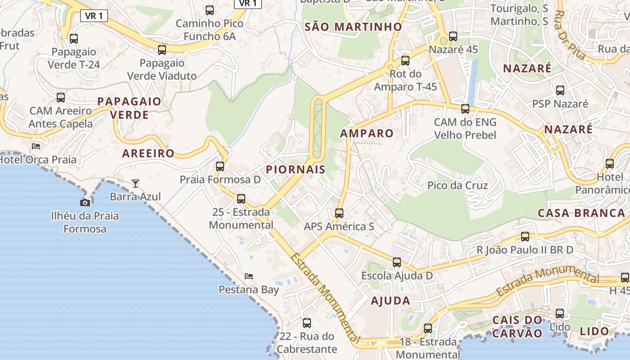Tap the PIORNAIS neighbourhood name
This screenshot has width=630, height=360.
point(296,170)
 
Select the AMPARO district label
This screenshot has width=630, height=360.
point(367,133)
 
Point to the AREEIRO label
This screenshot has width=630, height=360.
point(148,153)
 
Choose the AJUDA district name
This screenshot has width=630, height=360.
point(391,301)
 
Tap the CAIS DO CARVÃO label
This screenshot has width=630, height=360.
point(517,327)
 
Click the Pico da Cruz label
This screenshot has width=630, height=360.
point(458,185)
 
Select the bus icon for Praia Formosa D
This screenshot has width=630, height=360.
point(220,166)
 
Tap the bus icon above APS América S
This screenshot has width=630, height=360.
point(339,213)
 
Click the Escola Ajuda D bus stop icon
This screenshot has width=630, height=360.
point(396,262)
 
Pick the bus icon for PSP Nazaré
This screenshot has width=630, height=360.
point(560,90)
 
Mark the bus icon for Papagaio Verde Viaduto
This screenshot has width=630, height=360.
point(162,49)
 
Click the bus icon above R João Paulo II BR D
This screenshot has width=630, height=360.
point(525,236)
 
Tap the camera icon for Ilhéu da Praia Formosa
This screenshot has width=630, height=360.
point(85,202)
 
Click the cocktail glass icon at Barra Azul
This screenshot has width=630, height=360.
point(135,183)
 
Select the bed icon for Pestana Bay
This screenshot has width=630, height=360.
point(249,276)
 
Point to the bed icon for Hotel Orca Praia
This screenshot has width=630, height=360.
point(36,146)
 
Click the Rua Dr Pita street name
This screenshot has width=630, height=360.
point(571,35)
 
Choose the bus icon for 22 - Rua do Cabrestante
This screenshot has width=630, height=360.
point(307,323)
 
